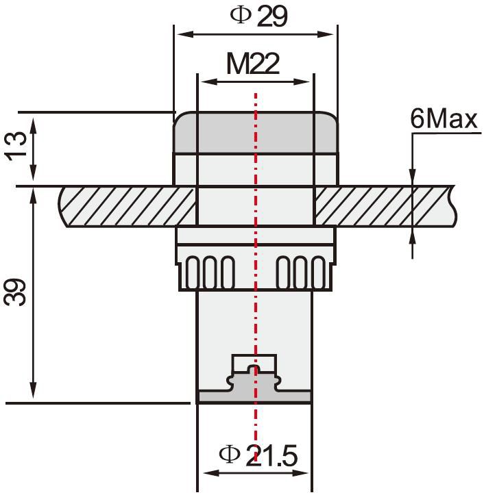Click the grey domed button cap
(x=255, y=132)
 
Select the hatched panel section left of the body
(x=127, y=207)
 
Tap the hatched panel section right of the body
(x=384, y=207)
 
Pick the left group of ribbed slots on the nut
(x=210, y=272)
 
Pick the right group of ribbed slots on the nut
(x=299, y=272)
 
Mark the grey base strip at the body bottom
(x=254, y=396)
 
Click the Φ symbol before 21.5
(x=228, y=453)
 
